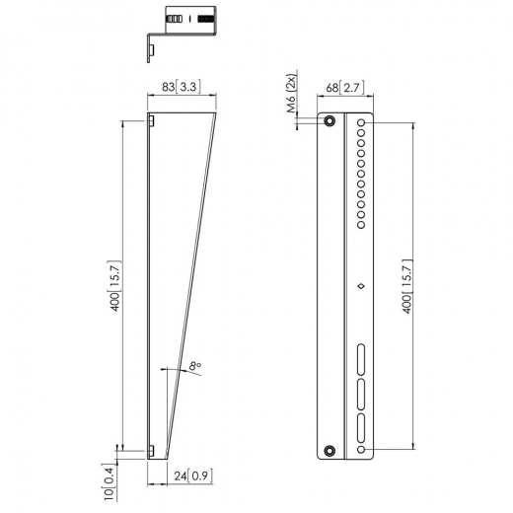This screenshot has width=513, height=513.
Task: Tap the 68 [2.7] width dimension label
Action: tap(346, 88)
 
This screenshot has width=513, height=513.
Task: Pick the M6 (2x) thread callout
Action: tap(293, 95)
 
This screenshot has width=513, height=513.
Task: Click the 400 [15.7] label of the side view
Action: tap(115, 292)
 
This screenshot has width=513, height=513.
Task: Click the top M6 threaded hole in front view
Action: tap(330, 122)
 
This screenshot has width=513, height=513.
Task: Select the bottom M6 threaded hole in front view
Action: tap(330, 450)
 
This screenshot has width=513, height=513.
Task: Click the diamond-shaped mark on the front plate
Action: tap(362, 287)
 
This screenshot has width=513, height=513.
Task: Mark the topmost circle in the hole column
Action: tap(362, 123)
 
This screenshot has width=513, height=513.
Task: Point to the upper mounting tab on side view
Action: tap(153, 121)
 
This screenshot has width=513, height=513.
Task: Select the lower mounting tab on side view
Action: tap(153, 450)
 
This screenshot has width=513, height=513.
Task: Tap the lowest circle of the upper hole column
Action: tap(362, 215)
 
